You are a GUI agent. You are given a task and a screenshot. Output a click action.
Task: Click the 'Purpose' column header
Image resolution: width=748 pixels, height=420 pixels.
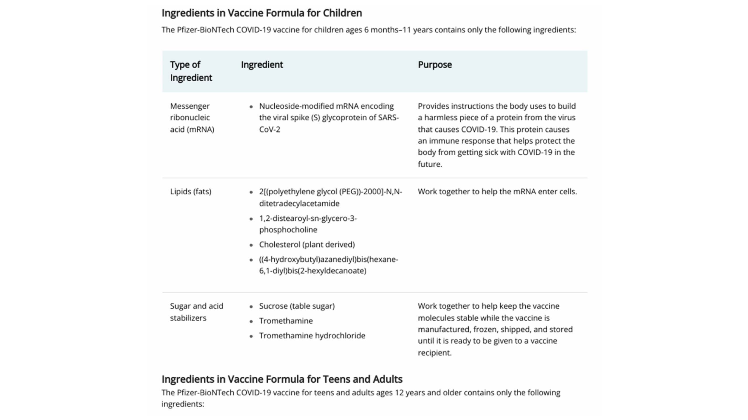click(434, 65)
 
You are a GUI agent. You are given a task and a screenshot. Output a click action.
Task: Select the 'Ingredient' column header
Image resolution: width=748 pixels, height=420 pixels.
click(262, 65)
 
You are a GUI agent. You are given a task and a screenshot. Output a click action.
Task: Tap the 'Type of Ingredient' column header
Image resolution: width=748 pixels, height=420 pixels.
click(191, 71)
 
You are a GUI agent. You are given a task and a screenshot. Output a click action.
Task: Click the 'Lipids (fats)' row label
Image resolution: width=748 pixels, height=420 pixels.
click(191, 191)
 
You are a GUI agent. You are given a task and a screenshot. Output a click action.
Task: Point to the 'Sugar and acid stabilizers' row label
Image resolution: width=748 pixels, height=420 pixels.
click(196, 312)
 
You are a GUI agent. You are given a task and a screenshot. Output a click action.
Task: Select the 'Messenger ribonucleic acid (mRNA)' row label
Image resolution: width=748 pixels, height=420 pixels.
click(192, 118)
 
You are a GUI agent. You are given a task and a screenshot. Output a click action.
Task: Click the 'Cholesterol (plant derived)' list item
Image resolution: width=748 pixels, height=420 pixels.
click(307, 245)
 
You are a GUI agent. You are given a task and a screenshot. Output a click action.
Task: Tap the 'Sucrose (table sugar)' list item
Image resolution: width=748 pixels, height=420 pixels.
click(297, 306)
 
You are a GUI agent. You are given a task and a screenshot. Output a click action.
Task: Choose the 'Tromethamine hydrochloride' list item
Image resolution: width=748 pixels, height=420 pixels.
click(312, 336)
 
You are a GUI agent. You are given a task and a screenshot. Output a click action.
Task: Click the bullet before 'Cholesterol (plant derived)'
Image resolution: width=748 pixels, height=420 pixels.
click(251, 245)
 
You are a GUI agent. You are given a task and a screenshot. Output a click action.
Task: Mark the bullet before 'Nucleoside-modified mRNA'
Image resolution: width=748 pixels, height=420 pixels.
click(251, 107)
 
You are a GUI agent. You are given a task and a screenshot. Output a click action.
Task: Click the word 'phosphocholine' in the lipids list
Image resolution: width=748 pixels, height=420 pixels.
click(288, 230)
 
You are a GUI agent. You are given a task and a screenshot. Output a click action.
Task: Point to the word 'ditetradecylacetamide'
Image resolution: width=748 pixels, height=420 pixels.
click(299, 203)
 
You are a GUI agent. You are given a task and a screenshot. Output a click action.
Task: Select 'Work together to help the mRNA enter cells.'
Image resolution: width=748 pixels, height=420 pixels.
click(497, 191)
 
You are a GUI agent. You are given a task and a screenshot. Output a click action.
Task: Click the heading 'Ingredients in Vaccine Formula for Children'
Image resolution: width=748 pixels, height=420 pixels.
click(262, 13)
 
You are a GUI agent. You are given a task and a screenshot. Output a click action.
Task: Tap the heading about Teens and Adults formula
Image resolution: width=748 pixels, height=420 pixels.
click(282, 379)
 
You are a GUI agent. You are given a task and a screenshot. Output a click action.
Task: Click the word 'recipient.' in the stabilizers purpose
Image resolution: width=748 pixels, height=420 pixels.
click(434, 353)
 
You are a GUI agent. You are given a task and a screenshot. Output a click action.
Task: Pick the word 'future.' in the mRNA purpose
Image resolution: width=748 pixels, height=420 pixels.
click(430, 164)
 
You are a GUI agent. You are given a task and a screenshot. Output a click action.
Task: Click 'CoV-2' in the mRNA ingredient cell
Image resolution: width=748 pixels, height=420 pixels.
click(269, 129)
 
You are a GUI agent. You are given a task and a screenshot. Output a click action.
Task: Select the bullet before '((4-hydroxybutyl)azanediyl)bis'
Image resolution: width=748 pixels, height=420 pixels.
click(251, 260)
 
